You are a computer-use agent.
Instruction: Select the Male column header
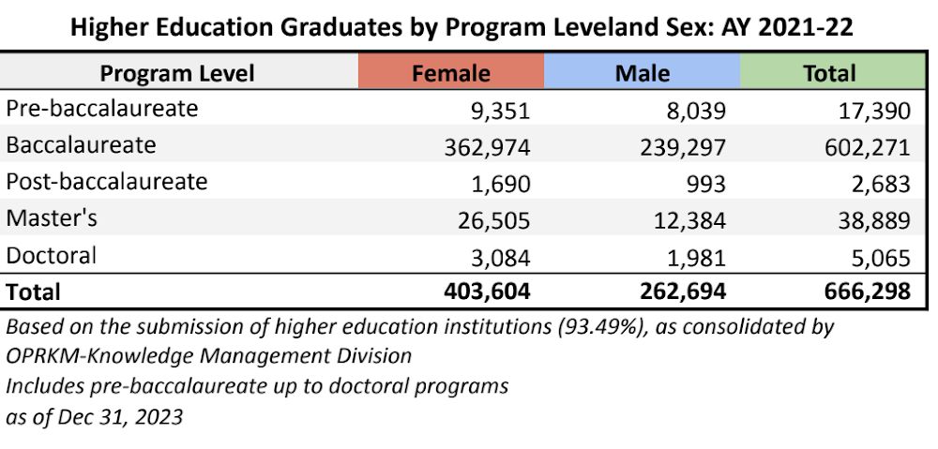[643, 73]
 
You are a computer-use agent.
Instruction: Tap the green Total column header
[830, 73]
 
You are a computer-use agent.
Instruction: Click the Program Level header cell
[177, 73]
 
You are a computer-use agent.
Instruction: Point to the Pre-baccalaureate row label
[102, 109]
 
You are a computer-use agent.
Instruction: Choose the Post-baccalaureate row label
[107, 181]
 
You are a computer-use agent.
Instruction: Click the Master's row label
[52, 217]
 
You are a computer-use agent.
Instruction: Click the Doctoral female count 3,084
[499, 257]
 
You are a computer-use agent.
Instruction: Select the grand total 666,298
[864, 292]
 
